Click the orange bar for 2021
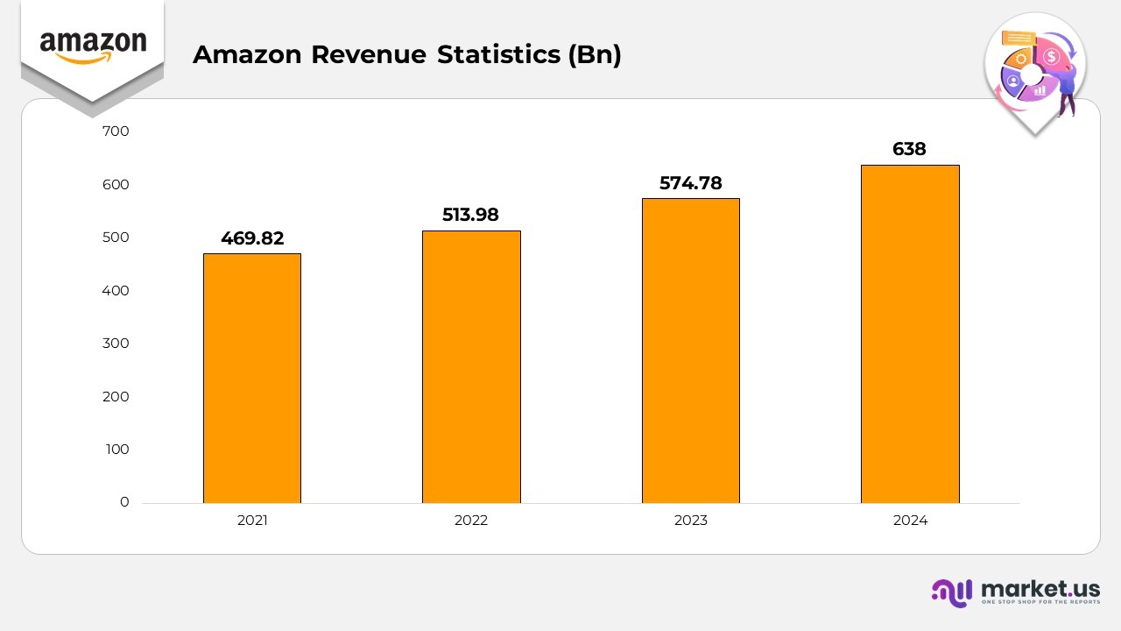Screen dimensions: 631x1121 pyautogui.click(x=252, y=378)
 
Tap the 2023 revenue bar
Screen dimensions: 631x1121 pyautogui.click(x=690, y=351)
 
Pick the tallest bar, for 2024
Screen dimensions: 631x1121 pyautogui.click(x=910, y=334)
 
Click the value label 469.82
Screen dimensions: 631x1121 pyautogui.click(x=252, y=238)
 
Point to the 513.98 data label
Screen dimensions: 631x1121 pyautogui.click(x=470, y=215)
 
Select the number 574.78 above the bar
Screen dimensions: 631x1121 pyautogui.click(x=690, y=183)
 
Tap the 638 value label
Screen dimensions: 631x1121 pyautogui.click(x=909, y=150)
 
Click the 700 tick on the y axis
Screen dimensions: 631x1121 pyautogui.click(x=116, y=131)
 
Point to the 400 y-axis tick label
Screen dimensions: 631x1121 pyautogui.click(x=116, y=290)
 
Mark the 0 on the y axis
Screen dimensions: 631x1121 pyautogui.click(x=124, y=502)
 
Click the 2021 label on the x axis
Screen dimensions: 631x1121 pyautogui.click(x=252, y=521)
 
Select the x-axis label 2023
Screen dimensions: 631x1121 pyautogui.click(x=690, y=521)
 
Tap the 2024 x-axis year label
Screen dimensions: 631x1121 pyautogui.click(x=910, y=521)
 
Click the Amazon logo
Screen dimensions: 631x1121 pyautogui.click(x=93, y=46)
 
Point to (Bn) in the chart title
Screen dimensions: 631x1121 pyautogui.click(x=595, y=55)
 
